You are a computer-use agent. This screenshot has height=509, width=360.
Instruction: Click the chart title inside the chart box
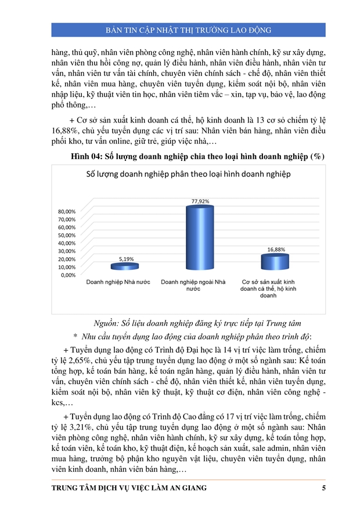(188, 174)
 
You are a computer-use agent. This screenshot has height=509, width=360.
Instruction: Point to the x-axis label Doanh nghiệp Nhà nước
(118, 281)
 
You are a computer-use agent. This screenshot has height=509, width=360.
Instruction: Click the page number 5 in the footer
(323, 488)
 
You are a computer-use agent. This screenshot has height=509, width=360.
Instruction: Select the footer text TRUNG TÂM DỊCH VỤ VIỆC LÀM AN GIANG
(129, 488)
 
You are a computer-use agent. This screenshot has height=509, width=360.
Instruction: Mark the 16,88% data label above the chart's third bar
(276, 249)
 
